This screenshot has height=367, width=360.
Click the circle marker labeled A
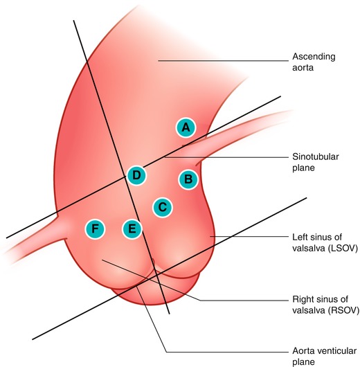(x=185, y=127)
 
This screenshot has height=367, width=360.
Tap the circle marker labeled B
(x=188, y=179)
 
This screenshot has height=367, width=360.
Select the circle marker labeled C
(x=162, y=206)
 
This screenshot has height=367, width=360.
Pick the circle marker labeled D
(x=136, y=175)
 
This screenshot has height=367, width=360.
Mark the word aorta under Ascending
(x=305, y=69)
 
